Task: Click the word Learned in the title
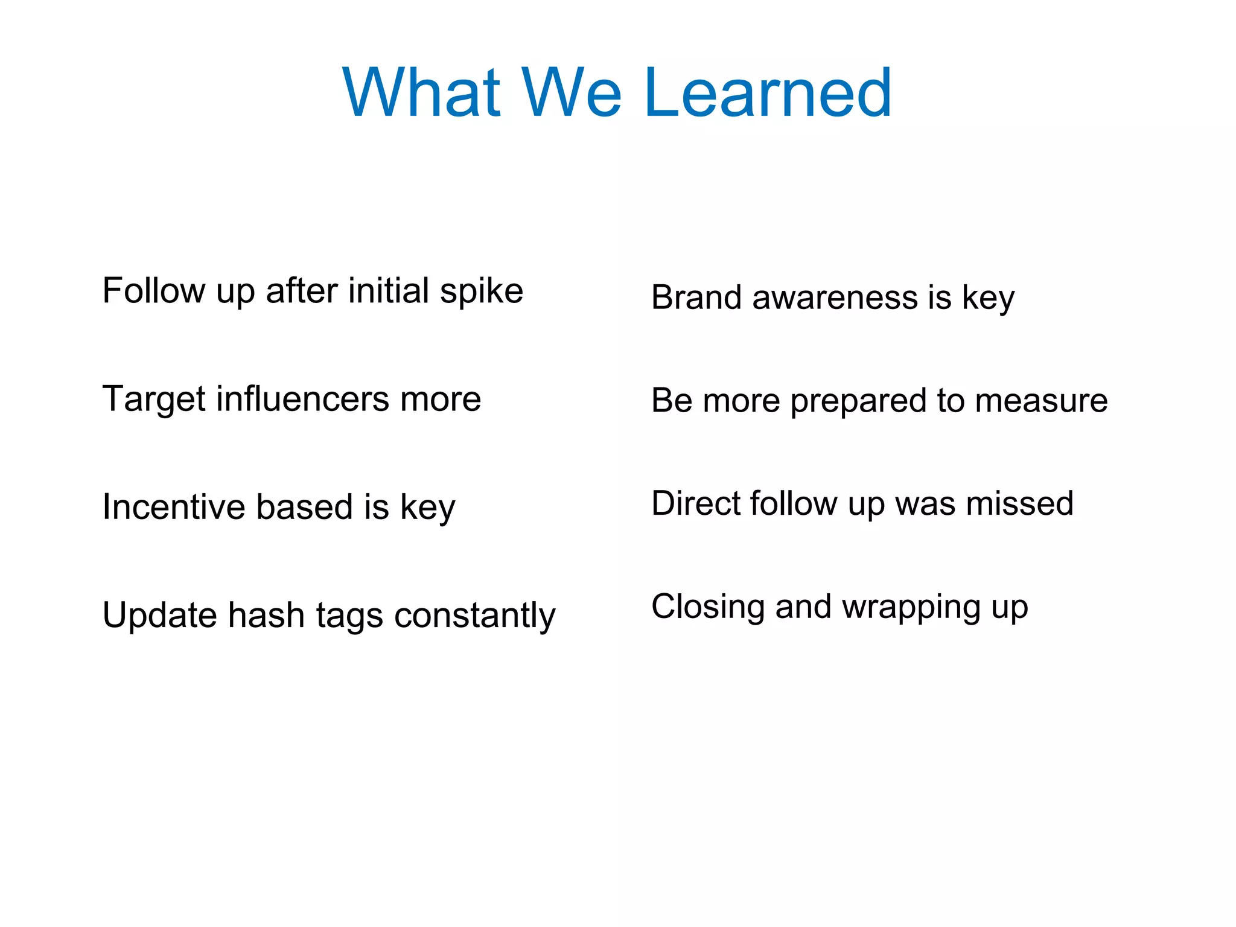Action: point(768,94)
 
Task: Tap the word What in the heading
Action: point(421,94)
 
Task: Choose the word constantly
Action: point(474,616)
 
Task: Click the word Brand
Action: point(696,298)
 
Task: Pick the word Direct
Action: point(694,503)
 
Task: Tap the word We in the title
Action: point(571,94)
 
